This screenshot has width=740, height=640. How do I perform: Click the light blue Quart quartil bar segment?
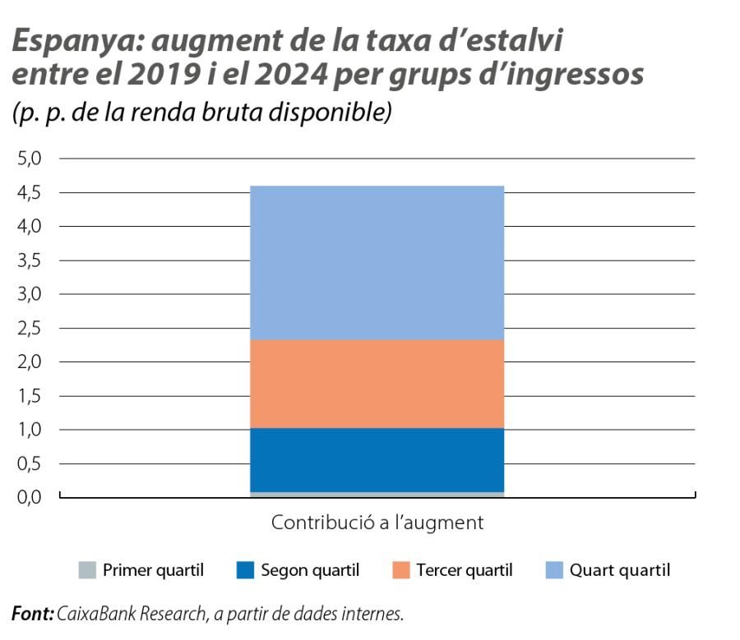coord(377,263)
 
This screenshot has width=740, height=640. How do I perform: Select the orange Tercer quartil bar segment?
coord(377,384)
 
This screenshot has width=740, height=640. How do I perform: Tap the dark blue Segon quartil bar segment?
coord(377,460)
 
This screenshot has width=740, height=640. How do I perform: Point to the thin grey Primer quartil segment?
coord(377,495)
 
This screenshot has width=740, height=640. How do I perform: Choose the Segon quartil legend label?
coord(310,570)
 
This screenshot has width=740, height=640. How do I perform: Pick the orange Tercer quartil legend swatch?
coord(400,570)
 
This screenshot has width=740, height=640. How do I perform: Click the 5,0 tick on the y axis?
coord(30,159)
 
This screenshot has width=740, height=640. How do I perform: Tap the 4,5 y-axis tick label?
coord(30,193)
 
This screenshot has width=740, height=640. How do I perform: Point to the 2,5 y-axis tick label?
coord(30,329)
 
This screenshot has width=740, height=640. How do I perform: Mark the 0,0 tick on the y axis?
coord(30,498)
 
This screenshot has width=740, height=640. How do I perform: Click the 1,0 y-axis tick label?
coord(30,430)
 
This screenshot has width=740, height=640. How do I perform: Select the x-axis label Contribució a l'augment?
coord(377,523)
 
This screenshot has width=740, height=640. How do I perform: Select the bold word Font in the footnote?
coord(32,614)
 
